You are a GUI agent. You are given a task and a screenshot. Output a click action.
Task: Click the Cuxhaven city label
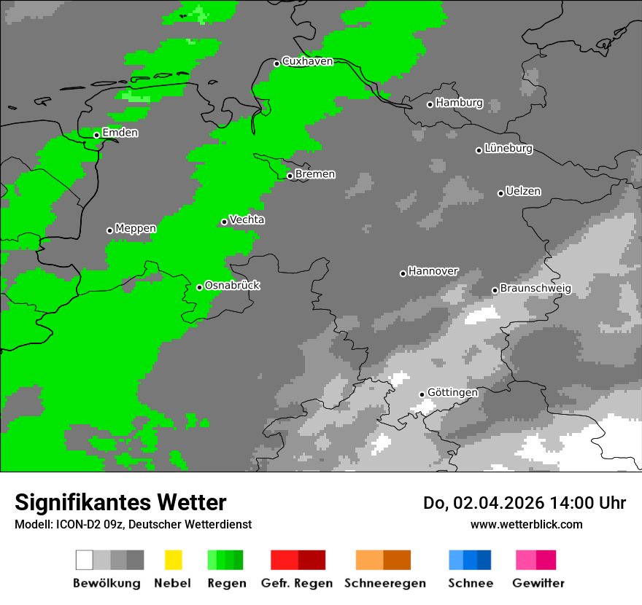pyautogui.click(x=307, y=62)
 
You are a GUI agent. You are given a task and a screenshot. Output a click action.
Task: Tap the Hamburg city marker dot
pyautogui.click(x=430, y=104)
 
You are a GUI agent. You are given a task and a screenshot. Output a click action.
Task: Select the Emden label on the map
pyautogui.click(x=120, y=133)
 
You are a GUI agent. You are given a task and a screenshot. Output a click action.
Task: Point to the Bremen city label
pyautogui.click(x=315, y=174)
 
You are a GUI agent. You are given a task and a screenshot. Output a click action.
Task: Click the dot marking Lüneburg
pyautogui.click(x=479, y=150)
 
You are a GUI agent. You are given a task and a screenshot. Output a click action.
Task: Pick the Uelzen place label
pyautogui.click(x=523, y=192)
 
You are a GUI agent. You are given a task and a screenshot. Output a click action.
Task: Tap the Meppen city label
pyautogui.click(x=136, y=229)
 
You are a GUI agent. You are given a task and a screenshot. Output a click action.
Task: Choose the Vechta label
pyautogui.click(x=247, y=220)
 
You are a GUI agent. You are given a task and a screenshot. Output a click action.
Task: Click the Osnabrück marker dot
pyautogui.click(x=199, y=287)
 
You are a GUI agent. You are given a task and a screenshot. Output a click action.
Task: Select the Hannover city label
pyautogui.click(x=433, y=271)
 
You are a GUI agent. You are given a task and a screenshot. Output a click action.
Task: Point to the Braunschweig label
pyautogui.click(x=535, y=289)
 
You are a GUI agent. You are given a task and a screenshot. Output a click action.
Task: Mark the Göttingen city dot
pyautogui.click(x=422, y=394)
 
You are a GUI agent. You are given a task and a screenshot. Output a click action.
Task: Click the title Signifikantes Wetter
pyautogui.click(x=120, y=503)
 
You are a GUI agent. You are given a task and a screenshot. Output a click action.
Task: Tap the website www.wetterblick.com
pyautogui.click(x=526, y=525)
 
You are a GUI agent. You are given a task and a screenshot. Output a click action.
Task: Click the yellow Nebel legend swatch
pyautogui.click(x=173, y=560)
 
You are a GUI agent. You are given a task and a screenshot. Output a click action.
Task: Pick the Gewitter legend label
pyautogui.click(x=538, y=583)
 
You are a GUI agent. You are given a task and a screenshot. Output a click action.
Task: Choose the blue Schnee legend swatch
pyautogui.click(x=470, y=560)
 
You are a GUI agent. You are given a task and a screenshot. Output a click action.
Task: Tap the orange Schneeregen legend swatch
pyautogui.click(x=383, y=560)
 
